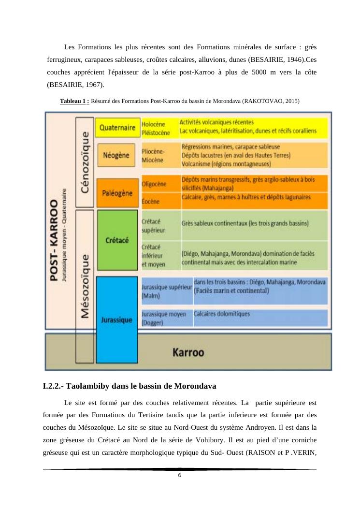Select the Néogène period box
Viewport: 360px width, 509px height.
pyautogui.click(x=116, y=155)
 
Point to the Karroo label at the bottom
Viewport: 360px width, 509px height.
pyautogui.click(x=188, y=352)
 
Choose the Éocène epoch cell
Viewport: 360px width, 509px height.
pyautogui.click(x=151, y=201)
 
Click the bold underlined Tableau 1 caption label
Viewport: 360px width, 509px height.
pyautogui.click(x=74, y=102)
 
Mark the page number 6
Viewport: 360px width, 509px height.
pyautogui.click(x=180, y=475)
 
